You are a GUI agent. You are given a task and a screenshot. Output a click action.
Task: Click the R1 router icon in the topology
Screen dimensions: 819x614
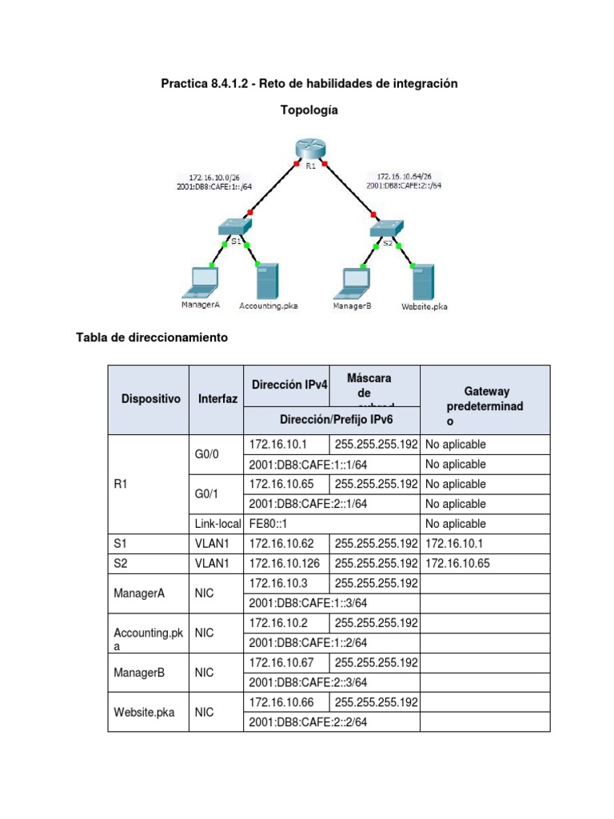tap(309, 149)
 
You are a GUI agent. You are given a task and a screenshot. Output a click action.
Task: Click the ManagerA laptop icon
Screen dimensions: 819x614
tap(200, 279)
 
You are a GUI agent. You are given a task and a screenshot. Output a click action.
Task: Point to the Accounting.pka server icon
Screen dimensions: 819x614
tap(266, 280)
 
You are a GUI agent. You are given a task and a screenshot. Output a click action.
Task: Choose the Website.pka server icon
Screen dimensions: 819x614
tap(422, 280)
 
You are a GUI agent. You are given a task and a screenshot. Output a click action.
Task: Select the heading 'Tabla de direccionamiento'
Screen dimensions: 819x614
tap(151, 338)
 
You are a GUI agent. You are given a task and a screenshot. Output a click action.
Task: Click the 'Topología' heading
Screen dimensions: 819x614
tap(309, 110)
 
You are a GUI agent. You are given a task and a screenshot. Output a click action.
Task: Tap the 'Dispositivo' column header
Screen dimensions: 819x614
tap(150, 398)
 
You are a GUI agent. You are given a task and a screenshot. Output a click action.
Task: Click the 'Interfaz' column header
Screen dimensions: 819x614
tap(217, 398)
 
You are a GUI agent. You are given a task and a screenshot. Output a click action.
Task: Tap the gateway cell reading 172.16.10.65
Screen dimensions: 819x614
tap(457, 563)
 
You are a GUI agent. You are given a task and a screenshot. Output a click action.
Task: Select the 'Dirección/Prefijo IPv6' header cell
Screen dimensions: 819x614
tap(331, 419)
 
